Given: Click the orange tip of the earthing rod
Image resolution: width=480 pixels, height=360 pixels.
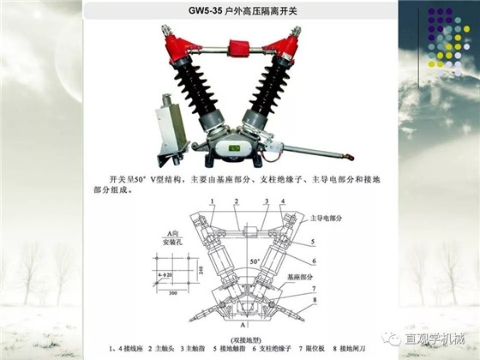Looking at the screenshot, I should tap(347, 157).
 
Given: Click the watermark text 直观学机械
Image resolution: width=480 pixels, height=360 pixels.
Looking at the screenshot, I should tap(435, 339).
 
